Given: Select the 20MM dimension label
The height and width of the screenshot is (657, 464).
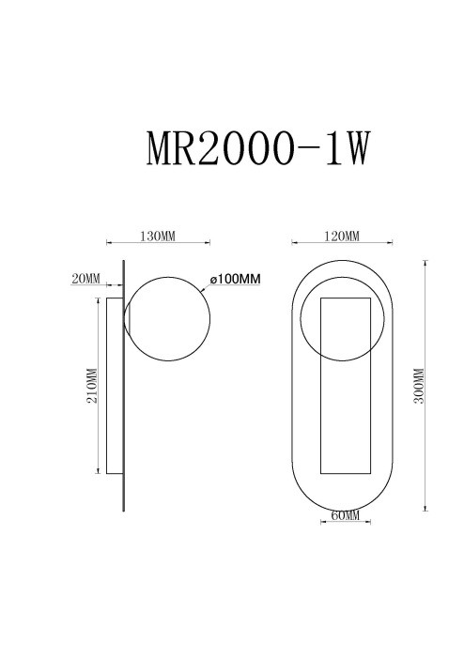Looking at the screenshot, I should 85,279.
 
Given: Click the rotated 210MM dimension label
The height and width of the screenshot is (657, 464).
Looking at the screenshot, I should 91,386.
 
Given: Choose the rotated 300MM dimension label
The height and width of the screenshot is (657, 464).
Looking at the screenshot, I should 419,386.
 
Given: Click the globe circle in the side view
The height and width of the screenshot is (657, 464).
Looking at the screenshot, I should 166,321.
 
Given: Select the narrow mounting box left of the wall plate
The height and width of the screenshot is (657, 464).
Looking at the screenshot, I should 113,386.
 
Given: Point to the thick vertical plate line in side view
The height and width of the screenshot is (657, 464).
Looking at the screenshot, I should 123,386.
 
